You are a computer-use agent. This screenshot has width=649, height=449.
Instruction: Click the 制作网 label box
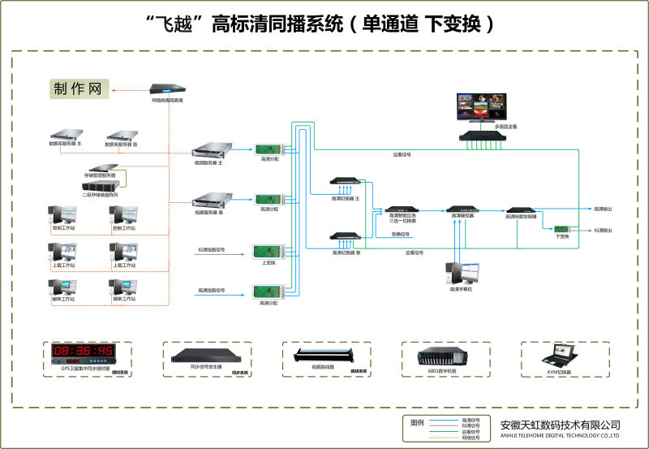(x=79, y=89)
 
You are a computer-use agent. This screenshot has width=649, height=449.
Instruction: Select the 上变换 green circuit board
(x=268, y=252)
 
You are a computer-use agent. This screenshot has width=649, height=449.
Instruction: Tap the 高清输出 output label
(x=602, y=209)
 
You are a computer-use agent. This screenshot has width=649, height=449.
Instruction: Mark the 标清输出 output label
(x=602, y=231)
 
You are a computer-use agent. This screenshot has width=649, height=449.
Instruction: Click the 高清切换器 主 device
(x=345, y=184)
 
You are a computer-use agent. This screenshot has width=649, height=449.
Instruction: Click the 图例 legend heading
(x=419, y=423)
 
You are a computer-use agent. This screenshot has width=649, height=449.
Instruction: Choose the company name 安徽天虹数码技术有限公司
(x=560, y=425)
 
